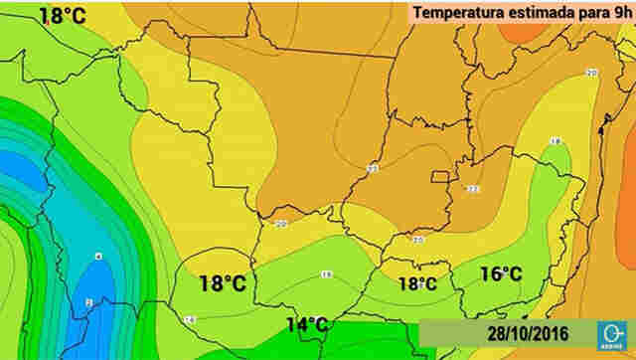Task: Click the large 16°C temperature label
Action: coord(502,273)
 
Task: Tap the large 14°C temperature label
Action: coord(307,324)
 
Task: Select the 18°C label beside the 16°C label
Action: coord(418,283)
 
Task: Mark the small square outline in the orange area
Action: coord(439,177)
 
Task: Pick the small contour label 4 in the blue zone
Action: coord(97,257)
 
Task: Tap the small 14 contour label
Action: coord(189,319)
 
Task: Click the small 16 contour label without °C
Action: coord(326,274)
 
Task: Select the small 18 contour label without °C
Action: coord(556,141)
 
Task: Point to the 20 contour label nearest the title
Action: coord(592,73)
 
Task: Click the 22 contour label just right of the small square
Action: coord(472,188)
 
